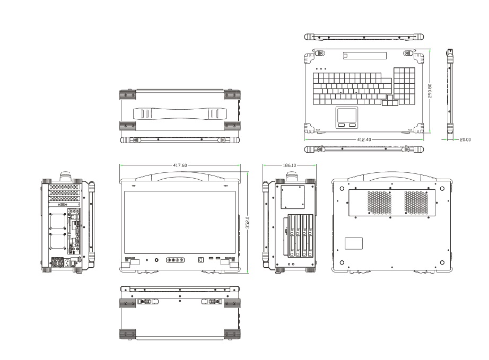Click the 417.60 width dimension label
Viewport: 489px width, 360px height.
(180, 165)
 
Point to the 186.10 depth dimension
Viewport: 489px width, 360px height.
(290, 165)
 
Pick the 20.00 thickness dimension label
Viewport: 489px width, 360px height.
(465, 140)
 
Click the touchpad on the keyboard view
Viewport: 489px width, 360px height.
(347, 115)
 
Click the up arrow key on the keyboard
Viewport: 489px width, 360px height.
(391, 97)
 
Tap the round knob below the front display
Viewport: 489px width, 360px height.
(157, 260)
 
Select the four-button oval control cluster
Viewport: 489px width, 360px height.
(175, 260)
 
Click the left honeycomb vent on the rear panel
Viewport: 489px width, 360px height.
(378, 202)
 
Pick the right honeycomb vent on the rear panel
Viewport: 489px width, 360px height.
(416, 202)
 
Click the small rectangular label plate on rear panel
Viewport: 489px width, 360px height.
(354, 244)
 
